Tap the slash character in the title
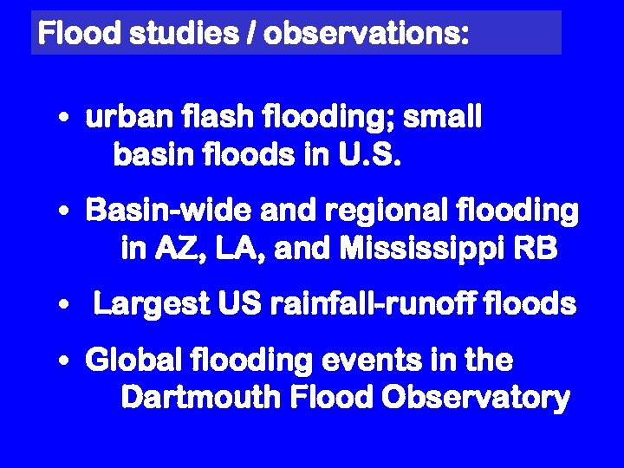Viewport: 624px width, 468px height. click(x=250, y=34)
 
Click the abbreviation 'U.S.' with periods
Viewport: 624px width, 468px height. click(x=367, y=156)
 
